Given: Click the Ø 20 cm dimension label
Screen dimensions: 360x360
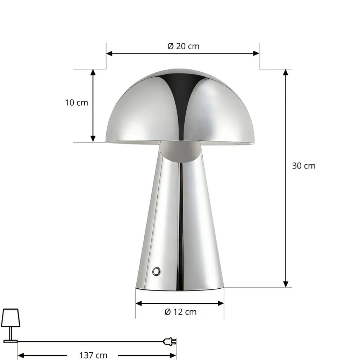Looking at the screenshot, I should tap(183, 46).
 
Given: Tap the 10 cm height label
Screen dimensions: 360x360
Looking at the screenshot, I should tap(76, 103).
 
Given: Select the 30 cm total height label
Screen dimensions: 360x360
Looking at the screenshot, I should tap(303, 166).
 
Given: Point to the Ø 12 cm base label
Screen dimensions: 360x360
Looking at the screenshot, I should tap(180, 312).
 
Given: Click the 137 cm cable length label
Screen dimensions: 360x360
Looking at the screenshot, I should tap(93, 356).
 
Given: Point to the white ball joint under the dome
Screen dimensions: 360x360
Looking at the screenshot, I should tap(180, 151).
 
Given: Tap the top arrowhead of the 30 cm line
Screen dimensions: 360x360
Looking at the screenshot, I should tap(286, 72).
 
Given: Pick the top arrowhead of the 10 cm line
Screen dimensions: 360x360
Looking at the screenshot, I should tap(93, 72).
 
